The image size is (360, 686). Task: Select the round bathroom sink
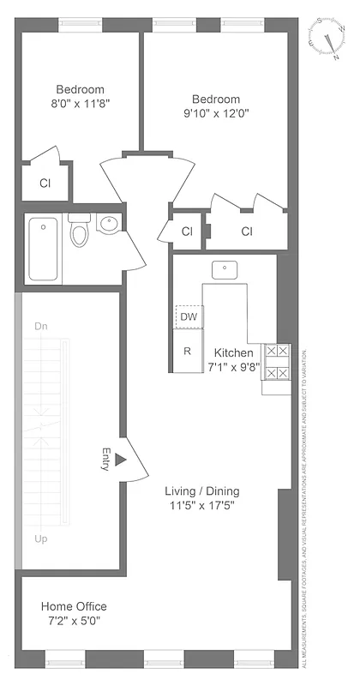click(x=109, y=225)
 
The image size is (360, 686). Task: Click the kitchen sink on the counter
click(x=224, y=269)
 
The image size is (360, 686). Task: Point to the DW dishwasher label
click(x=188, y=316)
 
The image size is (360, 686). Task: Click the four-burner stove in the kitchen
click(x=277, y=362)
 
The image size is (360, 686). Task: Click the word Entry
click(x=105, y=460)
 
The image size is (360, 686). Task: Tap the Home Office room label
click(x=74, y=606)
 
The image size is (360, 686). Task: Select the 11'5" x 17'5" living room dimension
click(x=201, y=506)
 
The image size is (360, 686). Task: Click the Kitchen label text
click(x=233, y=352)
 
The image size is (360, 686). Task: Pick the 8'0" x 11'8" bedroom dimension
click(x=81, y=103)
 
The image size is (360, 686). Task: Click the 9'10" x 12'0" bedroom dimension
click(x=215, y=111)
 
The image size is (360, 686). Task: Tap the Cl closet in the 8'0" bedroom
click(x=44, y=183)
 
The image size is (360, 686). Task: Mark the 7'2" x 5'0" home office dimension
click(x=74, y=622)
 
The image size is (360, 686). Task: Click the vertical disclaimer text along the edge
click(x=305, y=506)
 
